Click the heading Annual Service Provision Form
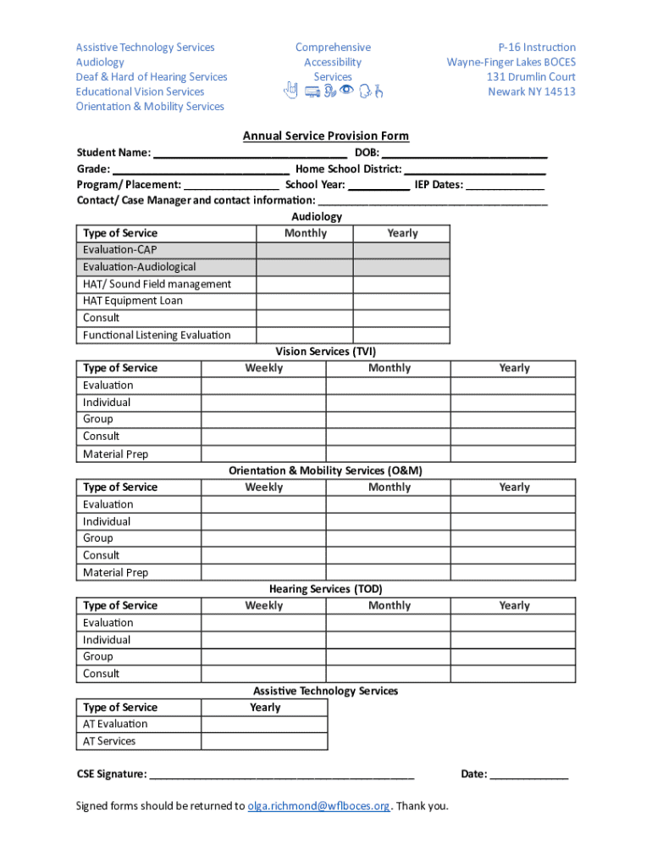(325, 136)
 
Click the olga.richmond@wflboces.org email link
(318, 805)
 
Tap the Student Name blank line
(251, 154)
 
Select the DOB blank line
(464, 154)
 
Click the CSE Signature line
(281, 775)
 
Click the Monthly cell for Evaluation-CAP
(305, 250)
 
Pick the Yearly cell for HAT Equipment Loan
(401, 301)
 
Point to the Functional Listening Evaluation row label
(157, 335)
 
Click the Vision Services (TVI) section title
(325, 351)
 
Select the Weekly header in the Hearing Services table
(264, 605)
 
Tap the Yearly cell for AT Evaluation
(264, 724)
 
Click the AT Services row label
(109, 741)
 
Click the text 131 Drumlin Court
(531, 76)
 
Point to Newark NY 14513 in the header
(531, 92)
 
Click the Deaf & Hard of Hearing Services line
(152, 76)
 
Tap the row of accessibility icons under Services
(333, 92)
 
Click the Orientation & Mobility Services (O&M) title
(325, 470)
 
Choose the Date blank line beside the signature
(529, 775)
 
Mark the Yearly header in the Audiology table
(402, 233)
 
